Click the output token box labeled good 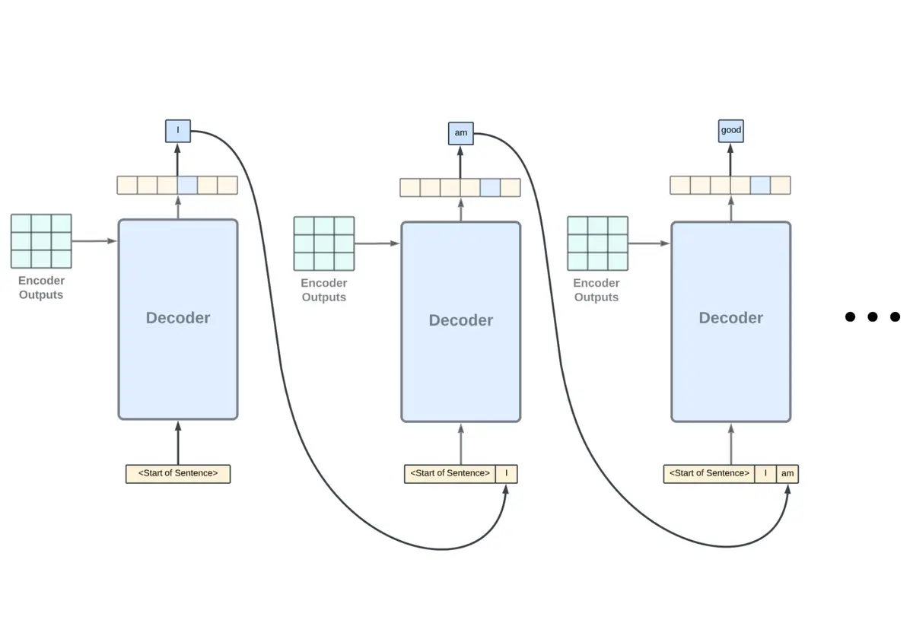(730, 130)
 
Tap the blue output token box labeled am (460, 133)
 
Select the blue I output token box (177, 131)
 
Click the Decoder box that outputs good (730, 321)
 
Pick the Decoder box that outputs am (460, 321)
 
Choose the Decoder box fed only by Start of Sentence (178, 320)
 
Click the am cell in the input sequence (787, 474)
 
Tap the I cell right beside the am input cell (765, 474)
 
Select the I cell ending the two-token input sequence (506, 474)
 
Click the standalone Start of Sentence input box (178, 474)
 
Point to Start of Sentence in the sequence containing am (708, 474)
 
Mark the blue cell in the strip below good (760, 185)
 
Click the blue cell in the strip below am (490, 187)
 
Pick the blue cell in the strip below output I (187, 185)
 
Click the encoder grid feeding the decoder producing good (597, 243)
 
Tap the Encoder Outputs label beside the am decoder (323, 291)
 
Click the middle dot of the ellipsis (873, 316)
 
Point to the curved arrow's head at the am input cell (788, 488)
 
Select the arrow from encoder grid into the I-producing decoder (94, 241)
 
